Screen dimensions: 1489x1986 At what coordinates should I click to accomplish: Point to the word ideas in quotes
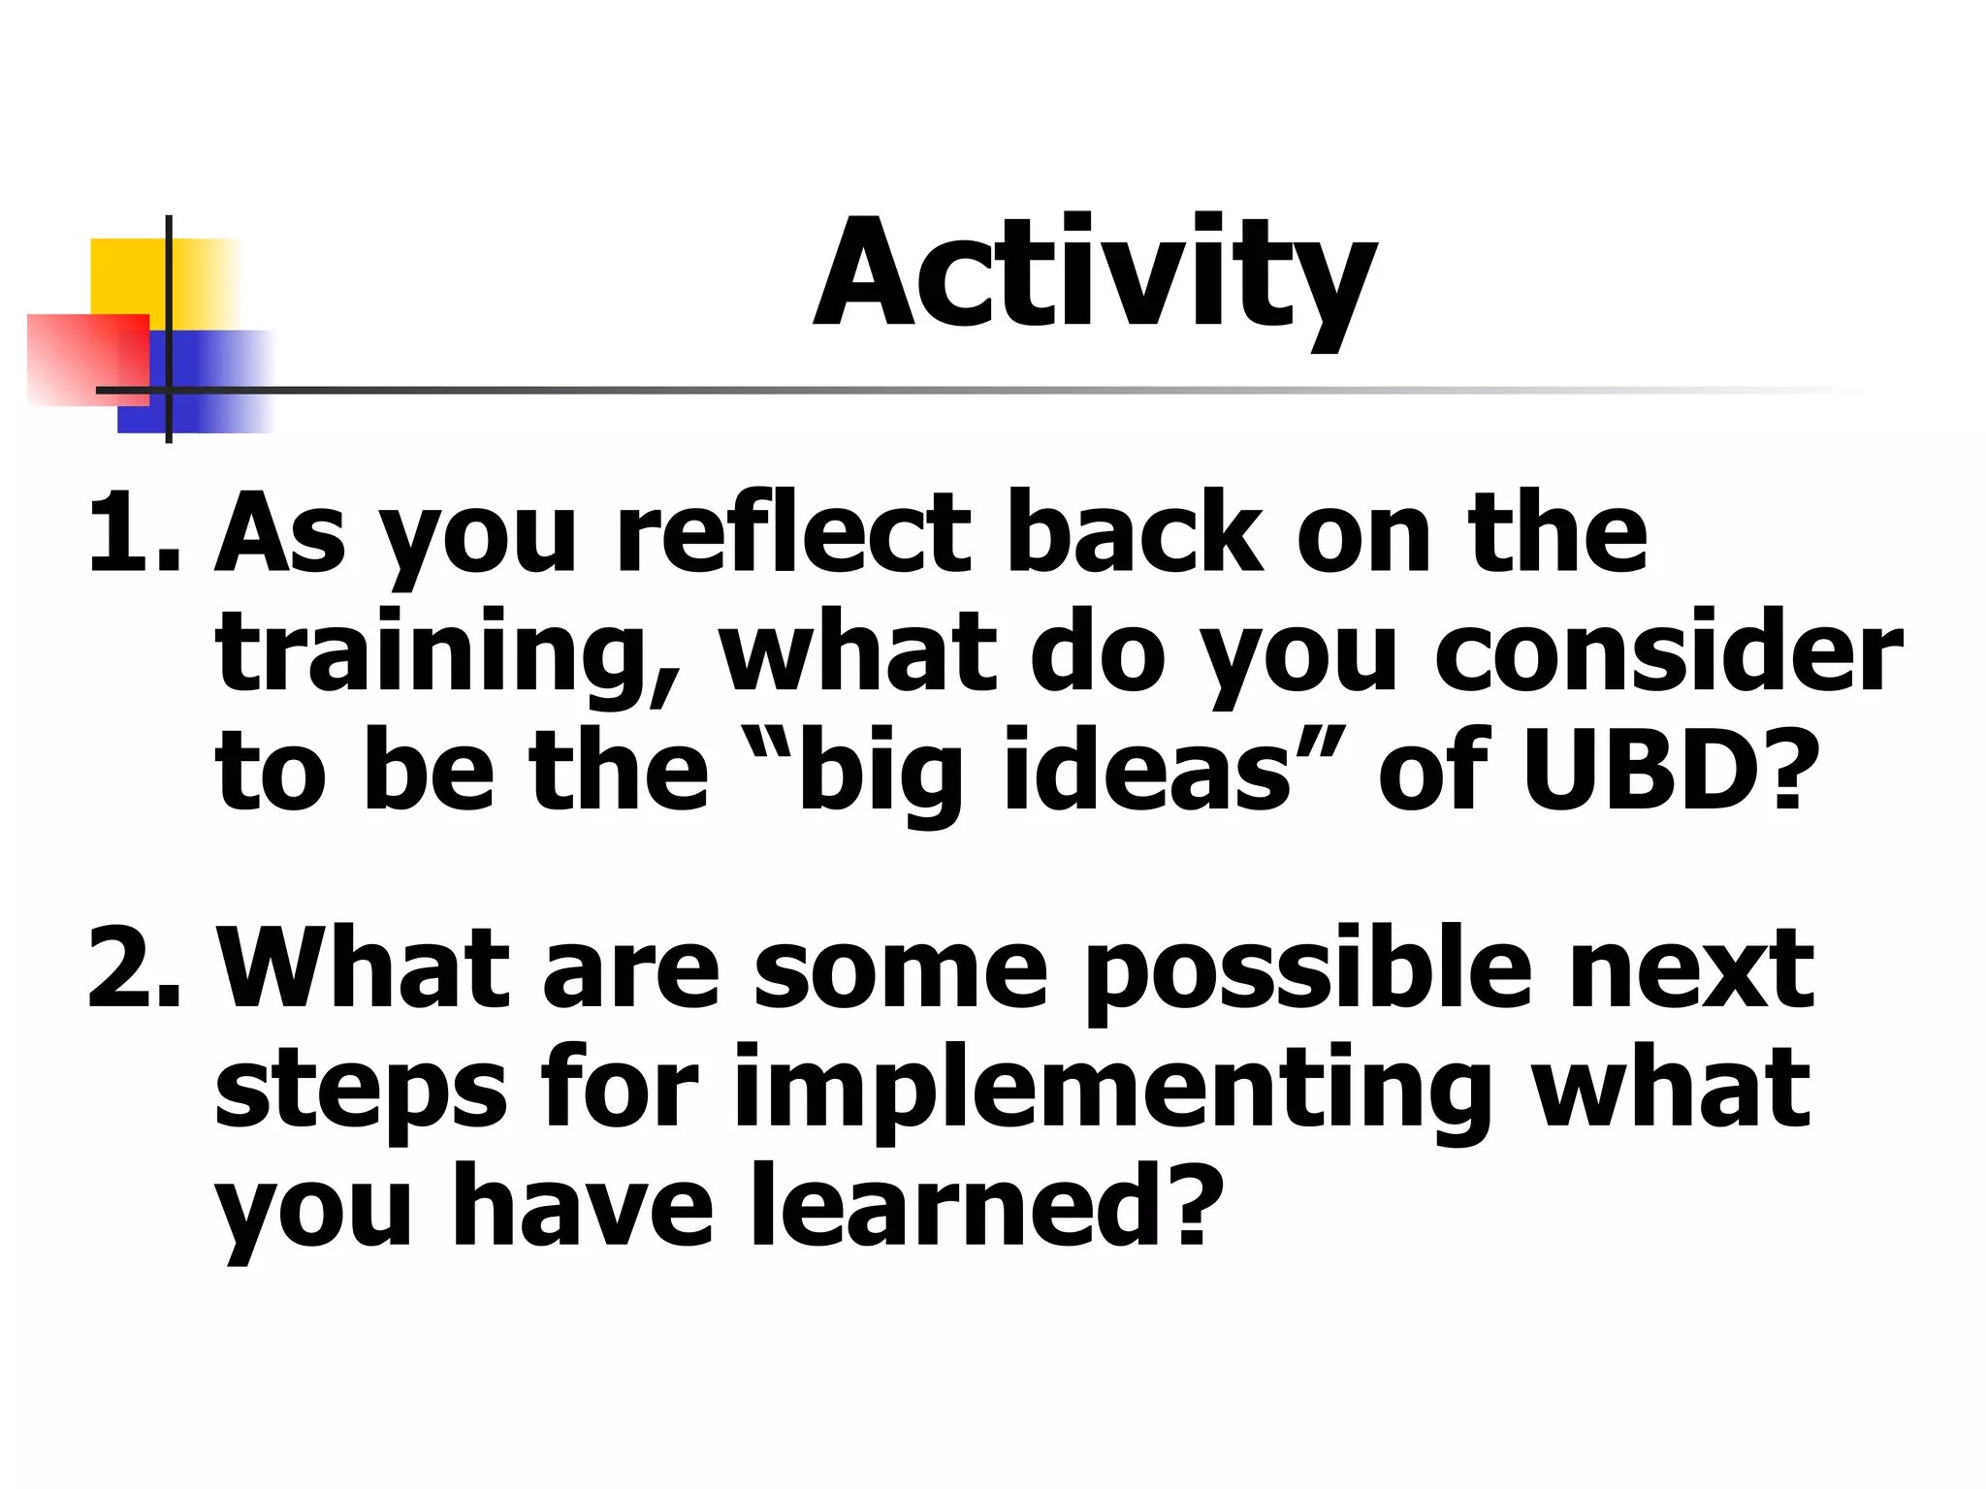coord(1148,771)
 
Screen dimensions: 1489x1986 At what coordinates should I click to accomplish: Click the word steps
coord(360,1091)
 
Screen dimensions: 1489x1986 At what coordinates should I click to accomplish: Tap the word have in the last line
coord(582,1207)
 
